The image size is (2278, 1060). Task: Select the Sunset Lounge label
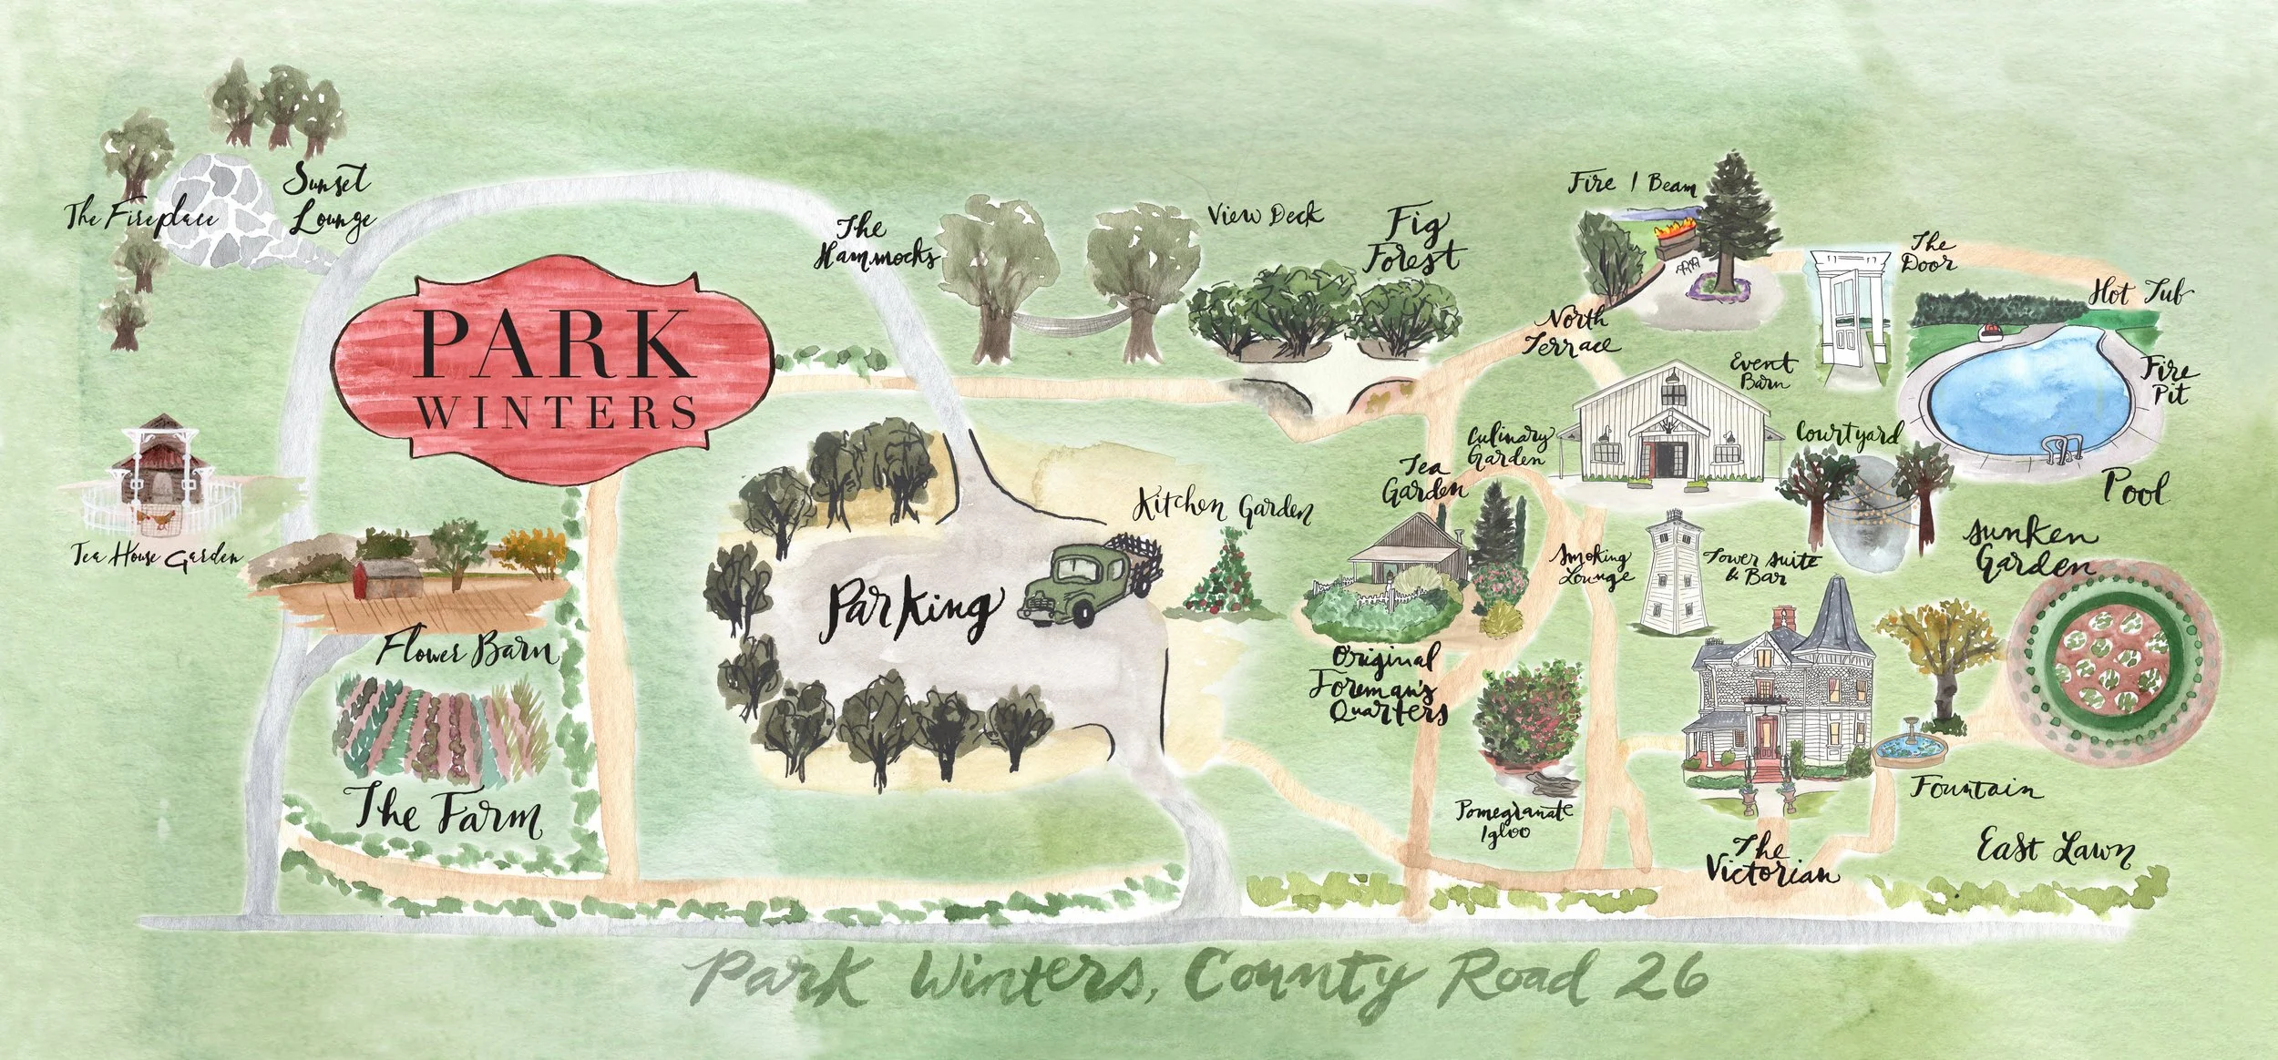(328, 200)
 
